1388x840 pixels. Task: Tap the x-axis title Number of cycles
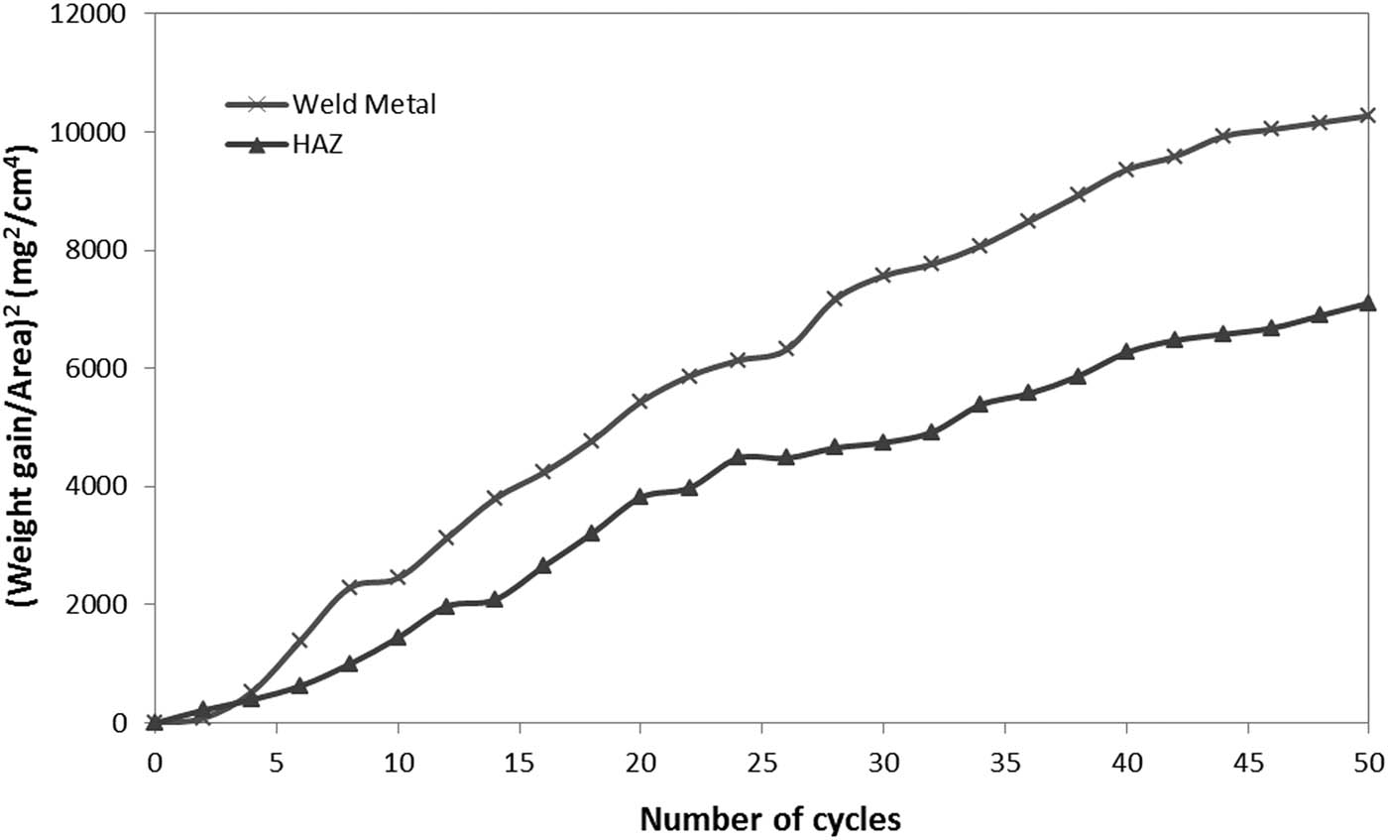tap(770, 819)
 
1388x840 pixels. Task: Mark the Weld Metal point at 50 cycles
tap(1368, 116)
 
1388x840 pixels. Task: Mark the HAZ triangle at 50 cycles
tap(1368, 302)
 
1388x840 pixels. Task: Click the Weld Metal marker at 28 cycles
tap(835, 298)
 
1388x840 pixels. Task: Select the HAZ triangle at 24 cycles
tap(738, 456)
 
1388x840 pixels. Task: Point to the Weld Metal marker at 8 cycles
tap(349, 587)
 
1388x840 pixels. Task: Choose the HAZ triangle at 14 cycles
tap(495, 600)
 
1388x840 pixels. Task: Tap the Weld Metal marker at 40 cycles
tap(1125, 170)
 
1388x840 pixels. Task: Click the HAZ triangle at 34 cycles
tap(980, 404)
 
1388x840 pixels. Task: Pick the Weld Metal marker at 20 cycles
tap(640, 401)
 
